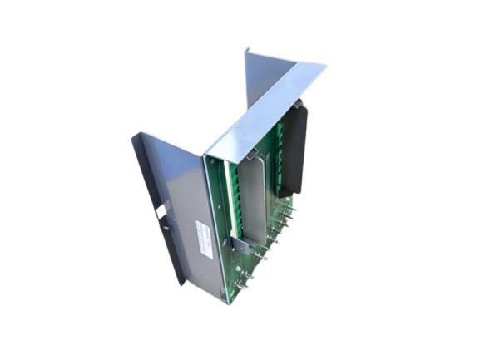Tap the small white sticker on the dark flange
pyautogui.click(x=160, y=212)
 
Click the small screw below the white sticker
pyautogui.click(x=165, y=225)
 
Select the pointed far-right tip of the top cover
pyautogui.click(x=325, y=65)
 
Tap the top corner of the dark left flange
pyautogui.click(x=134, y=136)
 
